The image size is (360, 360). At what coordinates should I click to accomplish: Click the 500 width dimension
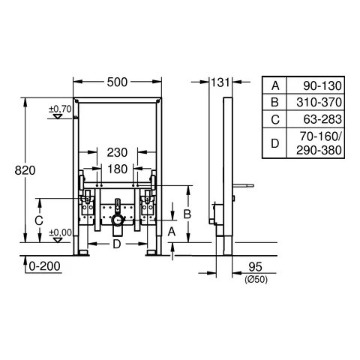click(117, 82)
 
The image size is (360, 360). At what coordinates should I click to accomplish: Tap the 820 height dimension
click(25, 170)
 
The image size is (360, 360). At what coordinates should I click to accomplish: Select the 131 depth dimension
click(220, 82)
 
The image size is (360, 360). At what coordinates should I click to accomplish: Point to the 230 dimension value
click(117, 152)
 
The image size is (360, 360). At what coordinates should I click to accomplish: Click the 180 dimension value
click(118, 169)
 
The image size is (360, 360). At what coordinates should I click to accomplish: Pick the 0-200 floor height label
click(44, 266)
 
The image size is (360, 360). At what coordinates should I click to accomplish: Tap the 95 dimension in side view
click(255, 267)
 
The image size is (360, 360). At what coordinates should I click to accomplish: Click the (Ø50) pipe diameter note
click(256, 279)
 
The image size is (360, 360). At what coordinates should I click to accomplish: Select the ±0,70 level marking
click(60, 109)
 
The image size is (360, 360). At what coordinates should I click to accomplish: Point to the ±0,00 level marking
click(60, 232)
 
